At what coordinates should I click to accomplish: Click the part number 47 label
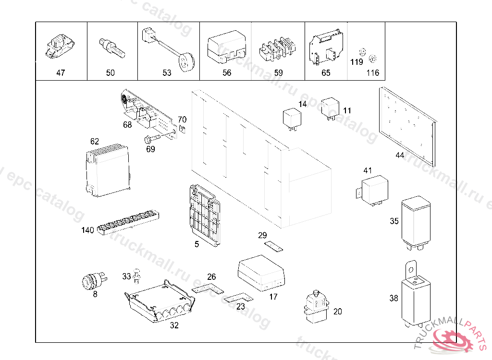[61, 73]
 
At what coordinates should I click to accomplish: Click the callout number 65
[326, 73]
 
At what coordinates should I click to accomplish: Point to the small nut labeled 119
[363, 52]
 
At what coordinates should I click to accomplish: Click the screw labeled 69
[152, 139]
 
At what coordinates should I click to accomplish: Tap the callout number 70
[182, 120]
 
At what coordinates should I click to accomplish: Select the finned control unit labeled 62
[107, 170]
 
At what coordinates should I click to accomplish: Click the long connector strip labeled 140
[128, 223]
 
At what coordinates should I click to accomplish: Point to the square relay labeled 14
[292, 119]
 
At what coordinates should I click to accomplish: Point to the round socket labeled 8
[92, 280]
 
